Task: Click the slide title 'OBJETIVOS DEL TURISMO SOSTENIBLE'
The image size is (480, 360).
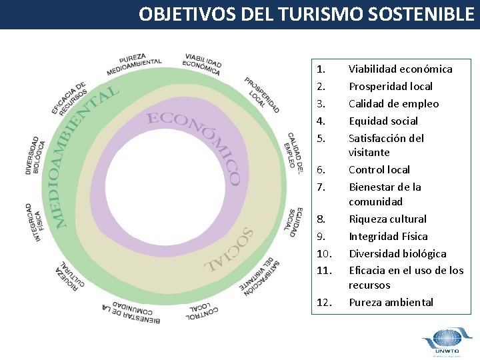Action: click(306, 14)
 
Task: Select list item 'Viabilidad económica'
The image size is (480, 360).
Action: click(400, 69)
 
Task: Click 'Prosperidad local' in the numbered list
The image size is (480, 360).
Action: click(390, 86)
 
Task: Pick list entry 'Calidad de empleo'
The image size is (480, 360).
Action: click(393, 103)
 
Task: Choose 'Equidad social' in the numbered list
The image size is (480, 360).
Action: click(383, 121)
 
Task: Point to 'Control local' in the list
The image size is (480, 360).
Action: click(379, 169)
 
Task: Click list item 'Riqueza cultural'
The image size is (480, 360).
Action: click(387, 219)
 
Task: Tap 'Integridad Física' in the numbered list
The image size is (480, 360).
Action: click(388, 236)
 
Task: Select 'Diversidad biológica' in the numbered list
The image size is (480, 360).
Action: click(397, 253)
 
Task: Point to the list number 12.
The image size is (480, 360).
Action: click(323, 302)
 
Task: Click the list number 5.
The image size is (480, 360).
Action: click(321, 138)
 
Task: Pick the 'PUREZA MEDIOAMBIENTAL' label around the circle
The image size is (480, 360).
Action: click(135, 64)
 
